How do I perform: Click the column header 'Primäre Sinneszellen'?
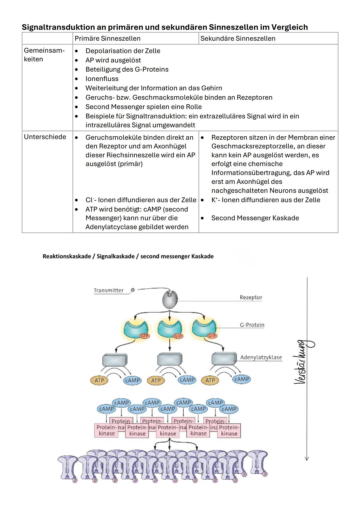(x=107, y=39)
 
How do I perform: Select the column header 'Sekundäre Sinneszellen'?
(x=238, y=39)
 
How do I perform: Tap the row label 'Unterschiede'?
(x=45, y=137)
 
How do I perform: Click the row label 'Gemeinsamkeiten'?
(x=44, y=55)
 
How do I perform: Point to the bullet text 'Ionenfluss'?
(x=102, y=79)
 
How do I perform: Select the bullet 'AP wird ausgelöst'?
(x=113, y=60)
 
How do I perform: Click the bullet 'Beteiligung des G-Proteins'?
(x=127, y=70)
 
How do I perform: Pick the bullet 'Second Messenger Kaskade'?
(x=255, y=218)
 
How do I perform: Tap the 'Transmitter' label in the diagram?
(x=109, y=290)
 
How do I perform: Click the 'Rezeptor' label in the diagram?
(x=251, y=297)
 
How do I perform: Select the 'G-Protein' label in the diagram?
(x=252, y=325)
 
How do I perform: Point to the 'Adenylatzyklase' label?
(x=261, y=358)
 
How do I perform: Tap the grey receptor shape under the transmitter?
(x=170, y=299)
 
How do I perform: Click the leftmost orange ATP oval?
(x=99, y=380)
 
